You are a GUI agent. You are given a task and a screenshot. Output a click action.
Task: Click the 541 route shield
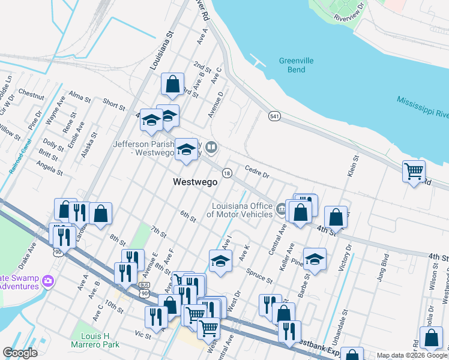click(x=275, y=115)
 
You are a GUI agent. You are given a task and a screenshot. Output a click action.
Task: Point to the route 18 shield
click(x=227, y=173)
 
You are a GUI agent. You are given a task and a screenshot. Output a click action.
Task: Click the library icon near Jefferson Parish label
click(x=211, y=147)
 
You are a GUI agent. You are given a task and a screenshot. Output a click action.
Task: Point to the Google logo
click(x=20, y=352)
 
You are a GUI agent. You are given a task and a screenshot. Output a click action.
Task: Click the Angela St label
click(x=49, y=169)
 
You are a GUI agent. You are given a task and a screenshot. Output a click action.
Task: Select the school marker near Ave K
click(x=221, y=260)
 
